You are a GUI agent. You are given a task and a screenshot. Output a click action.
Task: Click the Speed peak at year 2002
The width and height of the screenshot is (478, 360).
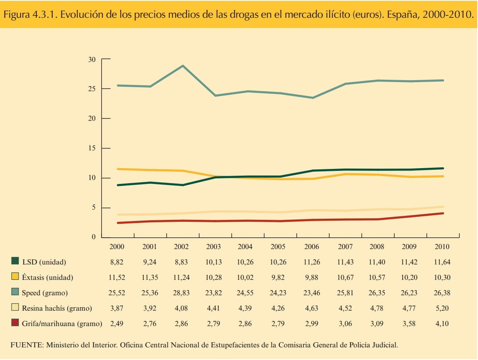tap(182, 66)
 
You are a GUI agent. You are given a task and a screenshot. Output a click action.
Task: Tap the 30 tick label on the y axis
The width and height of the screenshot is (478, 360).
tap(92, 60)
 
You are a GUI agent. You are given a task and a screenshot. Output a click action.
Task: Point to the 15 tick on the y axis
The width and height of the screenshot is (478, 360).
tap(92, 148)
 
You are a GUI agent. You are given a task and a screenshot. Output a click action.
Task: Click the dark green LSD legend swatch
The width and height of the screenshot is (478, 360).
tap(15, 261)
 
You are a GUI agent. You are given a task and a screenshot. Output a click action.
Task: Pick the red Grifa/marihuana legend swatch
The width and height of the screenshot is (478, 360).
tap(15, 323)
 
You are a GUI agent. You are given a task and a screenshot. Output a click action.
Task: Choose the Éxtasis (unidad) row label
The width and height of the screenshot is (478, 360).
tap(47, 277)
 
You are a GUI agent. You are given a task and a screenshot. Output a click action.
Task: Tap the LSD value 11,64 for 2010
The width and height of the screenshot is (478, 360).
tap(442, 262)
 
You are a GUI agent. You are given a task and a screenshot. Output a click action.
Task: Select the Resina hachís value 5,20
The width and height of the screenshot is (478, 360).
tap(442, 308)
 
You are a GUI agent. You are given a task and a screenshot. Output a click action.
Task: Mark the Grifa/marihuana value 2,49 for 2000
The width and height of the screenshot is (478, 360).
tap(117, 324)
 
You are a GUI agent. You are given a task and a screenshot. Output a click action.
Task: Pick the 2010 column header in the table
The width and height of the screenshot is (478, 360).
tap(442, 247)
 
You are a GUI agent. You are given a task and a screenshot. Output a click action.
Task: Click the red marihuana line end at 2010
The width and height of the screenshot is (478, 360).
tap(442, 214)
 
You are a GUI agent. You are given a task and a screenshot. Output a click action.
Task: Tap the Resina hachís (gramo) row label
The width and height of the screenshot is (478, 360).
tap(57, 308)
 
